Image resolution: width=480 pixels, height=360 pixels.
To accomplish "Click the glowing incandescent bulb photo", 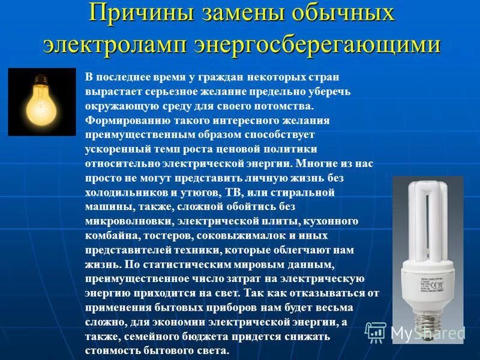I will point(42,101).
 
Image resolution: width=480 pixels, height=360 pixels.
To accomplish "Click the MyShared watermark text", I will point(427,334).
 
